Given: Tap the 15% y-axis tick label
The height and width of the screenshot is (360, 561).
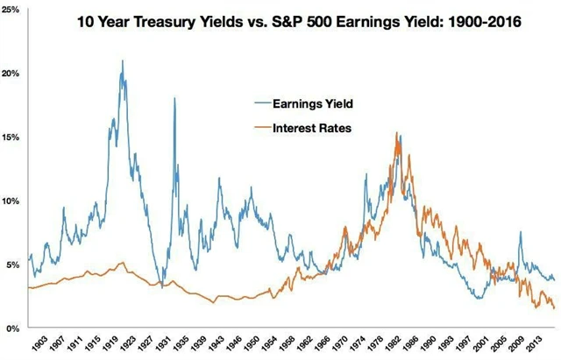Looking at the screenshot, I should click(x=12, y=138).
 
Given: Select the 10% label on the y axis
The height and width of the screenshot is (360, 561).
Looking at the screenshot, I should click(x=12, y=201).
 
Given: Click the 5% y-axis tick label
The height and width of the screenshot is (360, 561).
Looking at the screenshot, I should click(x=10, y=265).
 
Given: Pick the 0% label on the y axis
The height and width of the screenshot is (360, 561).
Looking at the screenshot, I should click(x=10, y=328).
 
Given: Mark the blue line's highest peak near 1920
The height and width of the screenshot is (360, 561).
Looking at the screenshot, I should click(x=122, y=60).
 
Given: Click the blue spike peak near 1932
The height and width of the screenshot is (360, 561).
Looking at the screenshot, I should click(x=174, y=98).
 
